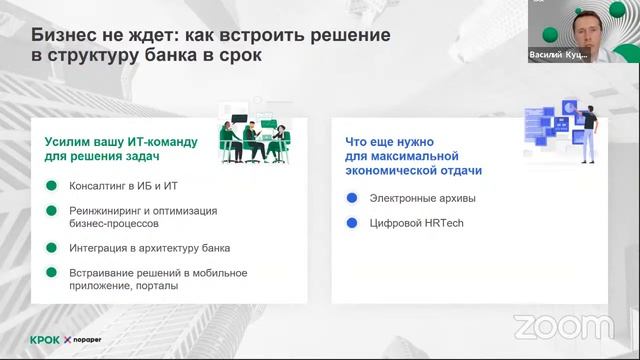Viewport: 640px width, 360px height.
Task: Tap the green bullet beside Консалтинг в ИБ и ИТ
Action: (50, 186)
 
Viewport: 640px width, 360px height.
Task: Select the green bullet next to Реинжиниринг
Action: (50, 211)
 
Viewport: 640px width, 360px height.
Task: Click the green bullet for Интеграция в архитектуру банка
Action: (50, 248)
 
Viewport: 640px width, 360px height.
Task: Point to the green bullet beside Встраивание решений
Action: (50, 273)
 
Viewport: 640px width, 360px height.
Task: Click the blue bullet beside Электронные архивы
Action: (351, 198)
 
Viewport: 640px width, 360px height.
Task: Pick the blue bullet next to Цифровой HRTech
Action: (351, 223)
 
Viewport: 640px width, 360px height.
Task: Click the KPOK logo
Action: (45, 339)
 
